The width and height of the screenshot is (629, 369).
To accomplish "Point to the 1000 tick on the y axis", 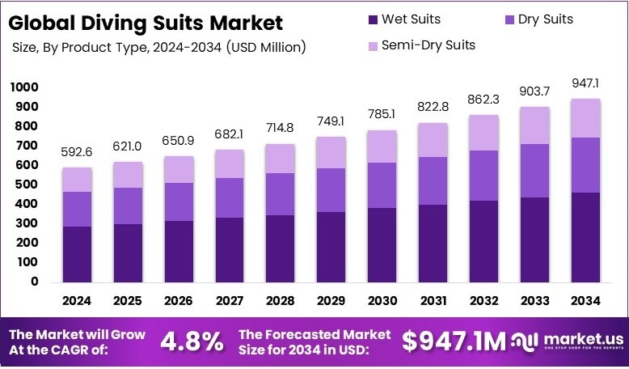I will coord(24,87).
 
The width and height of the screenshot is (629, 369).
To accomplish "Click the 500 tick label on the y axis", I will coord(24,184).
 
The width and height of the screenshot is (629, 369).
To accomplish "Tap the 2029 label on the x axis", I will coord(332,301).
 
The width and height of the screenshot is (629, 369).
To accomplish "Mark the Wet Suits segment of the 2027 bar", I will coord(230,249).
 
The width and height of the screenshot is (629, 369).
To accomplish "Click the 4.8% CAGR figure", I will coord(191,341).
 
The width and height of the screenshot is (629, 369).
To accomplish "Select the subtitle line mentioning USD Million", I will coord(159,48).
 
